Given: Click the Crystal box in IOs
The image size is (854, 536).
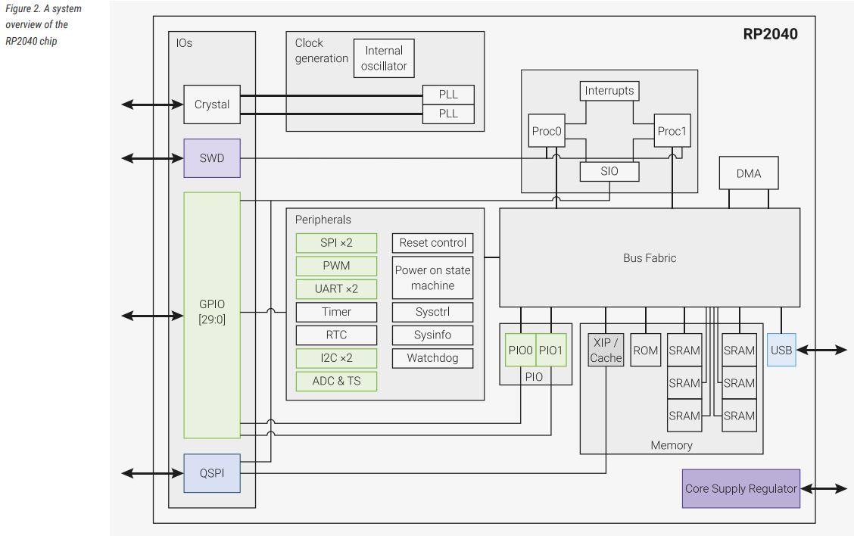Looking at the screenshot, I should coord(212,104).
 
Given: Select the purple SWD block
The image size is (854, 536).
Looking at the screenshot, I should coord(212,158).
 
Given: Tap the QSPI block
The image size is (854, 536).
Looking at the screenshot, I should coord(212,473).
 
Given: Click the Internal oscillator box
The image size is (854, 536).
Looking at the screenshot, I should coord(384,58).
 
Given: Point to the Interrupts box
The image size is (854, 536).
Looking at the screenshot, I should coord(609,91).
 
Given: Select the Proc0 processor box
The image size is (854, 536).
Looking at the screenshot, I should coord(547,132).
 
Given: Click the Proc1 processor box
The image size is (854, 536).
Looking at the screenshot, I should coord(672,132).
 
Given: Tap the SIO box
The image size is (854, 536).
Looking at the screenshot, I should coord(609,171).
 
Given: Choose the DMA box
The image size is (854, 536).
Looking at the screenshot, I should coord(749,173).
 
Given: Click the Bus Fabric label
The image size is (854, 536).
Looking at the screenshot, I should coord(650,258).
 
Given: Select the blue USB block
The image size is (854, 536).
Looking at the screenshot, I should coord(781,350).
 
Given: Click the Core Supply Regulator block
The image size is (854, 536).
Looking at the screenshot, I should coord(740,488).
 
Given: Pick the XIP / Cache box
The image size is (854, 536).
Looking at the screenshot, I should coord(606,350).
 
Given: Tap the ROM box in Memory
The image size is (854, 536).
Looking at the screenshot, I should coord(646,350).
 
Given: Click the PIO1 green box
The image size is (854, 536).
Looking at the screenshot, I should coord(551,350).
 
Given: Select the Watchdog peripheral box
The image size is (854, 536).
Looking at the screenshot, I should coord(432,357).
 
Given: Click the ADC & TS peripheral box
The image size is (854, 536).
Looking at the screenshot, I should coord(336,381).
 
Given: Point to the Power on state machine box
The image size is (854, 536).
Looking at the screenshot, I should coord(432,278).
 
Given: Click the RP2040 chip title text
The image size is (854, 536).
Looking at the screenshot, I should coord(770,34).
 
